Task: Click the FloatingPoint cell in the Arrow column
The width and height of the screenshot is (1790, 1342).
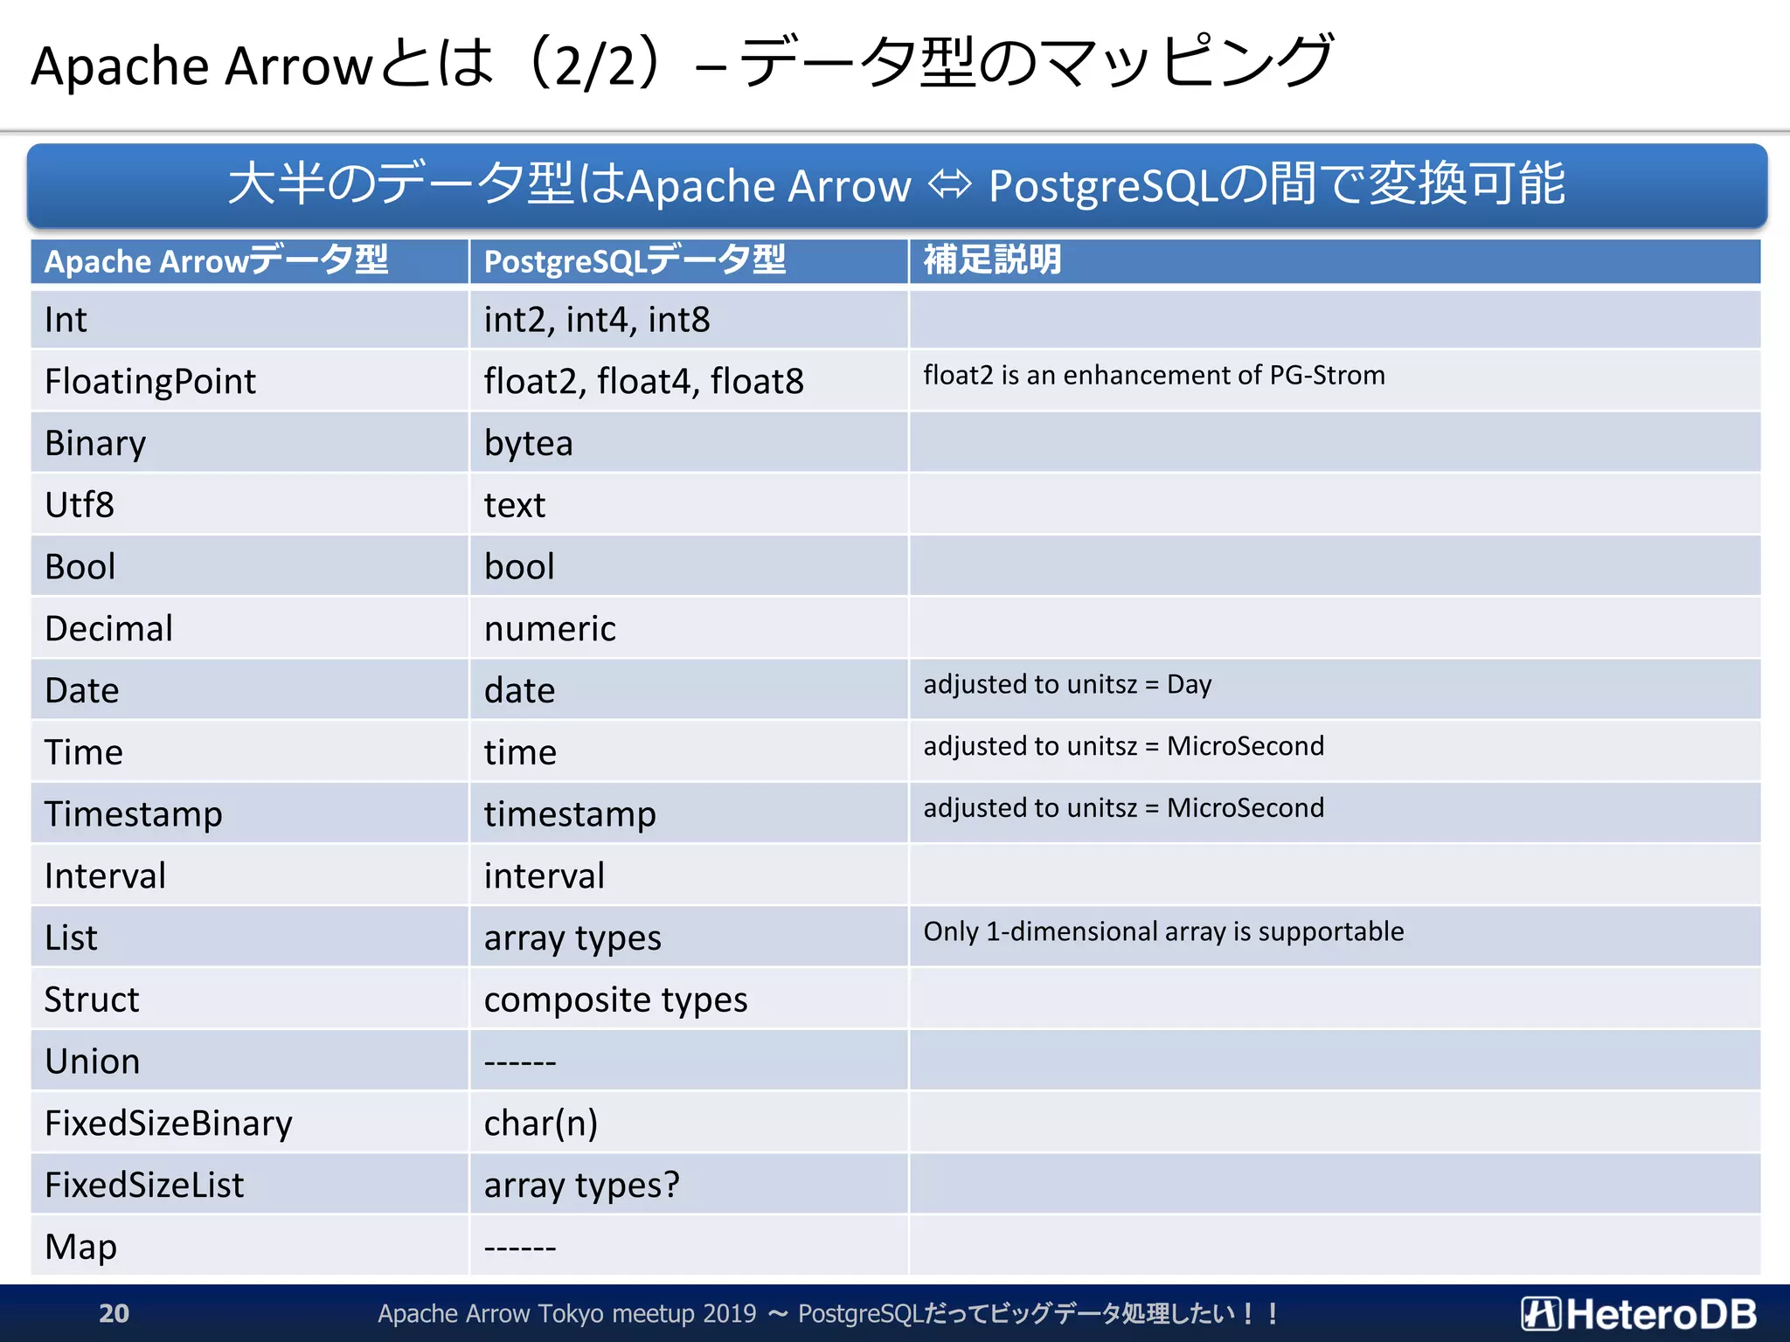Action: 150,382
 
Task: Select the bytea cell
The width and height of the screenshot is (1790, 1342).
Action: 528,443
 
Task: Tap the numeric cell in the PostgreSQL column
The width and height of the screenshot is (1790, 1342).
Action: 550,629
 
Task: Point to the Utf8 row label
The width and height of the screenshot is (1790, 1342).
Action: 80,505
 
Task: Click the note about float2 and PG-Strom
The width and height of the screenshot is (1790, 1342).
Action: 1154,376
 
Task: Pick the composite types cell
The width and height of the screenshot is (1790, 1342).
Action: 615,1000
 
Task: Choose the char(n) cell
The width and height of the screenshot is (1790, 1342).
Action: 540,1124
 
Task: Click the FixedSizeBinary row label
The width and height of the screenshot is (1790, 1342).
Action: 169,1124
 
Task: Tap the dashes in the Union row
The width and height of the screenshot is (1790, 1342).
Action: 520,1062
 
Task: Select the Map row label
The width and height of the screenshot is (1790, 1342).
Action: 80,1247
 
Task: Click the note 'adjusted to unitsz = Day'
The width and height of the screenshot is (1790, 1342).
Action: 1067,684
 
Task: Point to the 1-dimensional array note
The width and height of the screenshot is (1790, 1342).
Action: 1163,931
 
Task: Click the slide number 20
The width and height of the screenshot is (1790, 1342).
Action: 114,1313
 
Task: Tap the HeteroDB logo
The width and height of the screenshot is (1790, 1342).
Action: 1639,1313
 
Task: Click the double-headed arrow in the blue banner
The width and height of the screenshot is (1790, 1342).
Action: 950,184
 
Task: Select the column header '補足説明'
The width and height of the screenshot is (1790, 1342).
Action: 992,260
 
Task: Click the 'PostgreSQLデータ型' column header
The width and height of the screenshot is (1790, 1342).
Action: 635,260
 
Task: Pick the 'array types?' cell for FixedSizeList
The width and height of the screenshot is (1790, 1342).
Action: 581,1186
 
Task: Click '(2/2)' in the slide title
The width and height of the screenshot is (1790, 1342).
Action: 594,65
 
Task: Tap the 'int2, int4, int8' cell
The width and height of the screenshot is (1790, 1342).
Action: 597,320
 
